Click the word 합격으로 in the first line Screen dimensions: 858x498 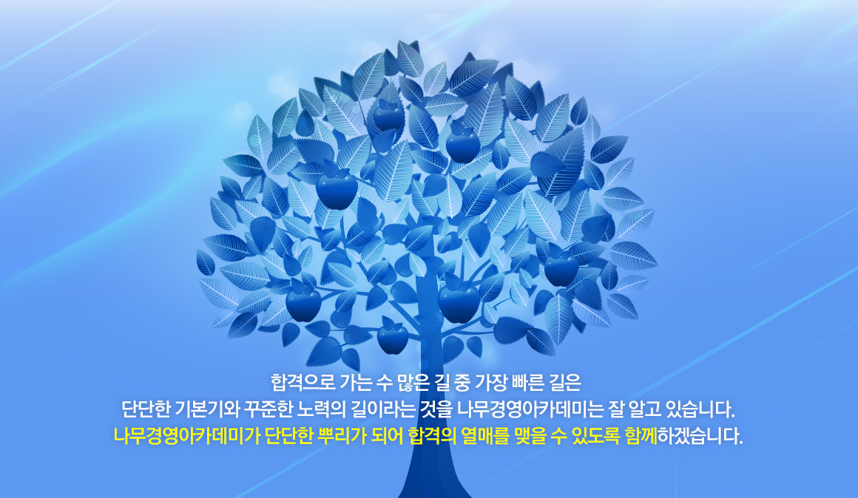coord(303,383)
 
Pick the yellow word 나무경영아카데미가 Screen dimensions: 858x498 coord(187,436)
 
